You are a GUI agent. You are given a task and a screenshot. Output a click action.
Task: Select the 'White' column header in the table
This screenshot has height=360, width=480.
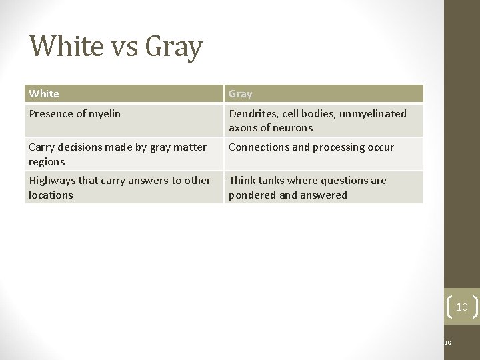pyautogui.click(x=44, y=94)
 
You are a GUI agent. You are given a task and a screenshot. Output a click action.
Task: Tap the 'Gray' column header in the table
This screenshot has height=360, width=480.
pyautogui.click(x=241, y=94)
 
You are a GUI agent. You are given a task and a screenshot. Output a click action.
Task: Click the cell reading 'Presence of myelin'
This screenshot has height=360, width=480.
pyautogui.click(x=75, y=113)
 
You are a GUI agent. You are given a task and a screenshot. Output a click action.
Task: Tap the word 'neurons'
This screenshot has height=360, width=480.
pyautogui.click(x=293, y=128)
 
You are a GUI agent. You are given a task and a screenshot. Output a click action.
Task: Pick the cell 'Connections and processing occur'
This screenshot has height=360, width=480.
pyautogui.click(x=311, y=147)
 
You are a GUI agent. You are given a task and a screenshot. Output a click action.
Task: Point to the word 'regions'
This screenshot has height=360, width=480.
pyautogui.click(x=47, y=161)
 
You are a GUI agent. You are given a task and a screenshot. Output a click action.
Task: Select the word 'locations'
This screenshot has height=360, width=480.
pyautogui.click(x=51, y=195)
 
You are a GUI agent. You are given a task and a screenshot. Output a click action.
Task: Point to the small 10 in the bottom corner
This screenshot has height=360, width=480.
pyautogui.click(x=448, y=343)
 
